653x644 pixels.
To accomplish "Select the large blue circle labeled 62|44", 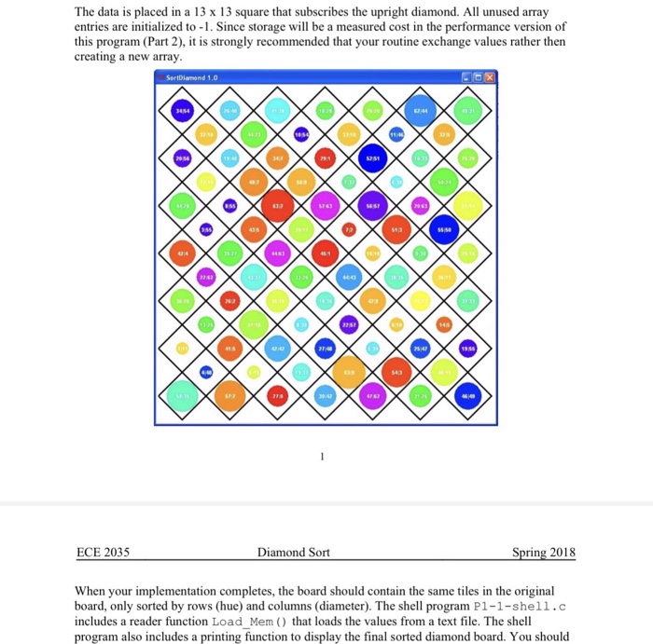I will pyautogui.click(x=421, y=112).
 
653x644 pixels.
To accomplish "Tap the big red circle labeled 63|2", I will pyautogui.click(x=277, y=204).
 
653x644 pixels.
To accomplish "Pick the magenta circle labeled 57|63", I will pyautogui.click(x=325, y=205).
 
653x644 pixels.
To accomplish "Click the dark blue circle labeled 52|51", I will pyautogui.click(x=372, y=159).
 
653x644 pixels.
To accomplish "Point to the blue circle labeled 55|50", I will pyautogui.click(x=444, y=228).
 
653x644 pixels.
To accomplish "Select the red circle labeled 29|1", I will pyautogui.click(x=325, y=159).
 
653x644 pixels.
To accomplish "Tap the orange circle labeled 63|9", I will pyautogui.click(x=349, y=371).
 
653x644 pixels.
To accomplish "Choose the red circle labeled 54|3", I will pyautogui.click(x=396, y=371).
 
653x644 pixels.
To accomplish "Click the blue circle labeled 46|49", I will pyautogui.click(x=468, y=395).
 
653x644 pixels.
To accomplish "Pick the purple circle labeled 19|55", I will pyautogui.click(x=468, y=347).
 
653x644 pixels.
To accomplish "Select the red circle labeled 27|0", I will pyautogui.click(x=277, y=395).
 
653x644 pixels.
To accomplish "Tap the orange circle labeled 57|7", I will pyautogui.click(x=229, y=395).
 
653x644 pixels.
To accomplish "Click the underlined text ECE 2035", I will pyautogui.click(x=103, y=553).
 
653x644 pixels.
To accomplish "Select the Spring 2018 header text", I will pyautogui.click(x=544, y=553).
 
